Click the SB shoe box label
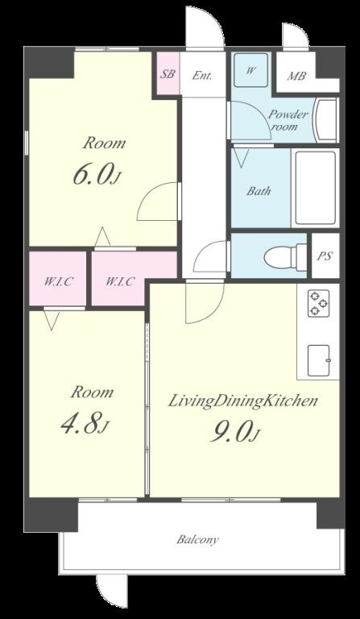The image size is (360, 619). [168, 74]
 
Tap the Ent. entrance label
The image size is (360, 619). [202, 76]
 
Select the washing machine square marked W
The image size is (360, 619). [250, 70]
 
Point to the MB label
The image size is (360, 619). [296, 76]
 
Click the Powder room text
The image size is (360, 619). [288, 120]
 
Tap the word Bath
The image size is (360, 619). [259, 191]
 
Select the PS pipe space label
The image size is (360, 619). [325, 256]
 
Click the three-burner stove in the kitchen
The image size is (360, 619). [318, 303]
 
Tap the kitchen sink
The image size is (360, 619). [319, 360]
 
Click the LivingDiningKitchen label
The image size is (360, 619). [243, 401]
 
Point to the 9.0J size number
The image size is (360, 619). [234, 434]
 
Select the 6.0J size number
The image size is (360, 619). [96, 175]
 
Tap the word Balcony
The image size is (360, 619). [197, 539]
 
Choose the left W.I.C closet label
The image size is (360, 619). [58, 281]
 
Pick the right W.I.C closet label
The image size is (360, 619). [120, 281]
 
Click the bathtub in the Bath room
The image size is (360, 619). [316, 188]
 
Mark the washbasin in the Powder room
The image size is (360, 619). [325, 120]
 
